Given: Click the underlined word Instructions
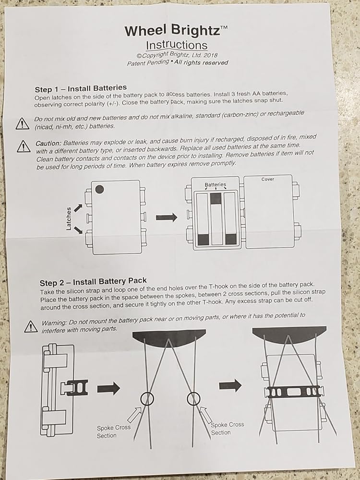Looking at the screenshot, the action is (x=177, y=45).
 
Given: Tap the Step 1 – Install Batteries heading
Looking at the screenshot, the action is (x=81, y=89).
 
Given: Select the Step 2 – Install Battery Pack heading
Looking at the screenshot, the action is (x=93, y=281).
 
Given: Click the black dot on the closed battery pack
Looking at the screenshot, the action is (x=99, y=189).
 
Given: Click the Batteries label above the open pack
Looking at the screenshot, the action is (x=215, y=185).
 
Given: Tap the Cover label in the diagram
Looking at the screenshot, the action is (x=268, y=180).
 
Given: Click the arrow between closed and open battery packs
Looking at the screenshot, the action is (x=166, y=217).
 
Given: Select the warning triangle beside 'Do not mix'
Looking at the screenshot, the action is (x=23, y=124).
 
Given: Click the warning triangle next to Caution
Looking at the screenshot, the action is (x=23, y=145).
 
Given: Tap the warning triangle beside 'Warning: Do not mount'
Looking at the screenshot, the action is (x=31, y=326).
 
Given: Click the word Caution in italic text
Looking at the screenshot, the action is (x=48, y=144).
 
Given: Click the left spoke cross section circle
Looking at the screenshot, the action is (x=147, y=398).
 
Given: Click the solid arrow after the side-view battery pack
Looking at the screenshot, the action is (x=108, y=388).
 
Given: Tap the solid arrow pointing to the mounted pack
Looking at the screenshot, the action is (x=230, y=384).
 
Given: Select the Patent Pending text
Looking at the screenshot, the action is (x=148, y=62).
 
